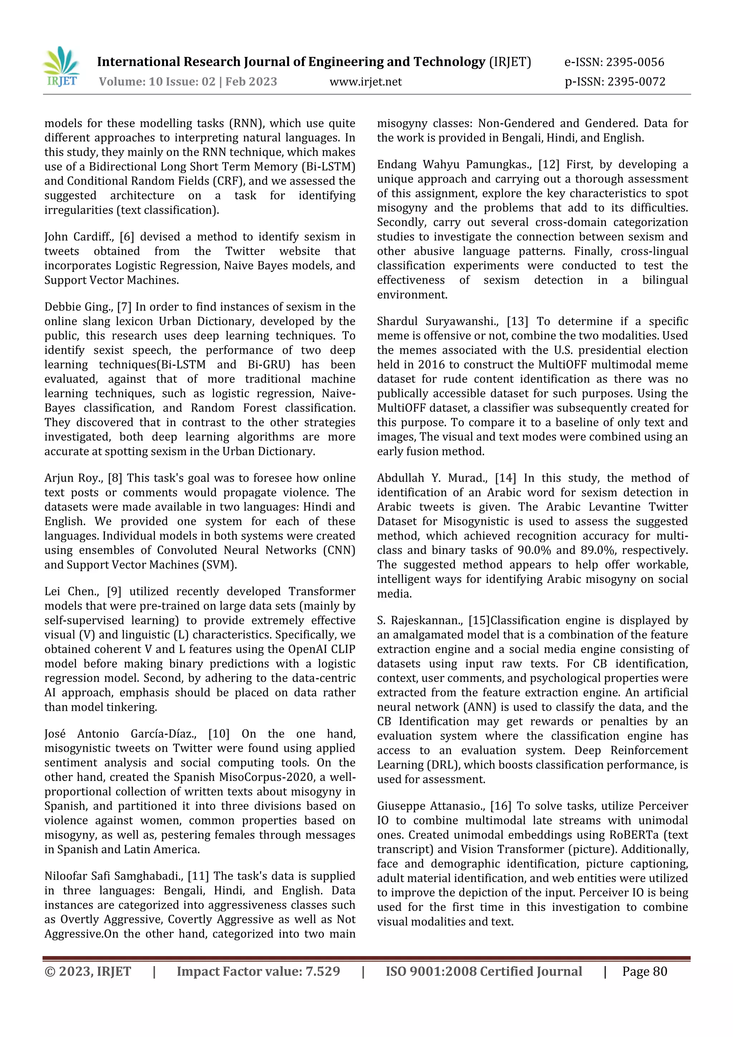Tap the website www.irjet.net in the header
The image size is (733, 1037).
coord(365,82)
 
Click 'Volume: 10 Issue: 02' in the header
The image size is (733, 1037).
coord(157,82)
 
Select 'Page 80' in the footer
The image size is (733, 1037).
coord(644,971)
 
